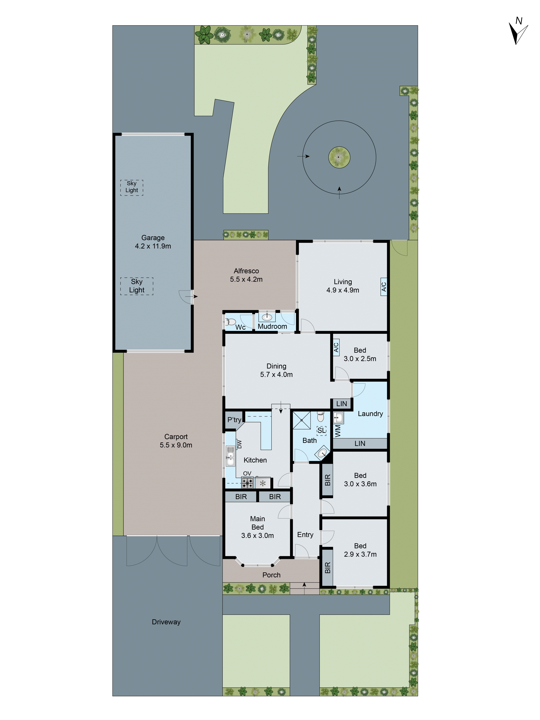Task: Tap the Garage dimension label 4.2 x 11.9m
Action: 153,246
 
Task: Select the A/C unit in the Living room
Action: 384,286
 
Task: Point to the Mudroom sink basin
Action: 267,317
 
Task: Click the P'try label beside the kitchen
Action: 234,420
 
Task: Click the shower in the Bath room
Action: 302,421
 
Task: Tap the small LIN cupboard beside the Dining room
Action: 341,404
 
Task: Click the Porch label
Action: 271,575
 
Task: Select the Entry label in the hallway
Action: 305,535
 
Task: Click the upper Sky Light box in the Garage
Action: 132,187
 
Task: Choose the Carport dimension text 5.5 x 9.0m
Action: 176,445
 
